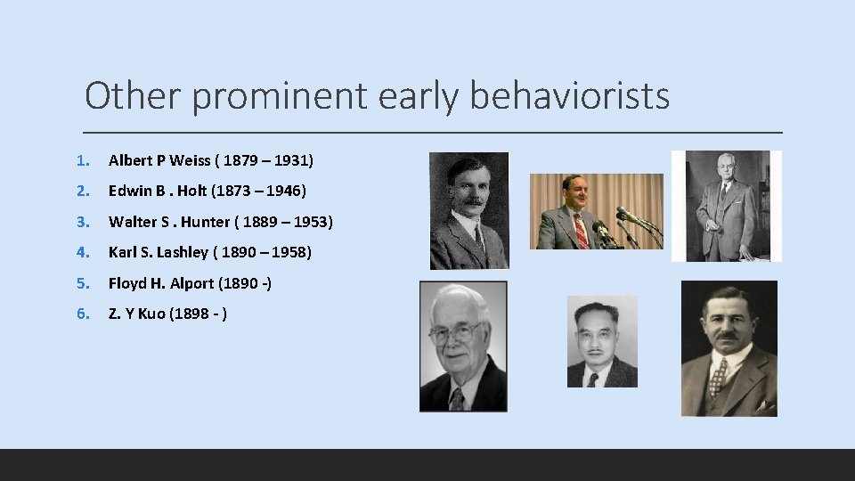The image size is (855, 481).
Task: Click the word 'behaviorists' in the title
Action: [569, 95]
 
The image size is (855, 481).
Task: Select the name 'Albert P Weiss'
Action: [159, 160]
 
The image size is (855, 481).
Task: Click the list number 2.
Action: [82, 191]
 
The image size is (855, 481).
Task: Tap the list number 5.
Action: [82, 283]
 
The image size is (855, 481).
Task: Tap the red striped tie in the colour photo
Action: [582, 230]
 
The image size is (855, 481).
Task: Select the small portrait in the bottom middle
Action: [602, 341]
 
